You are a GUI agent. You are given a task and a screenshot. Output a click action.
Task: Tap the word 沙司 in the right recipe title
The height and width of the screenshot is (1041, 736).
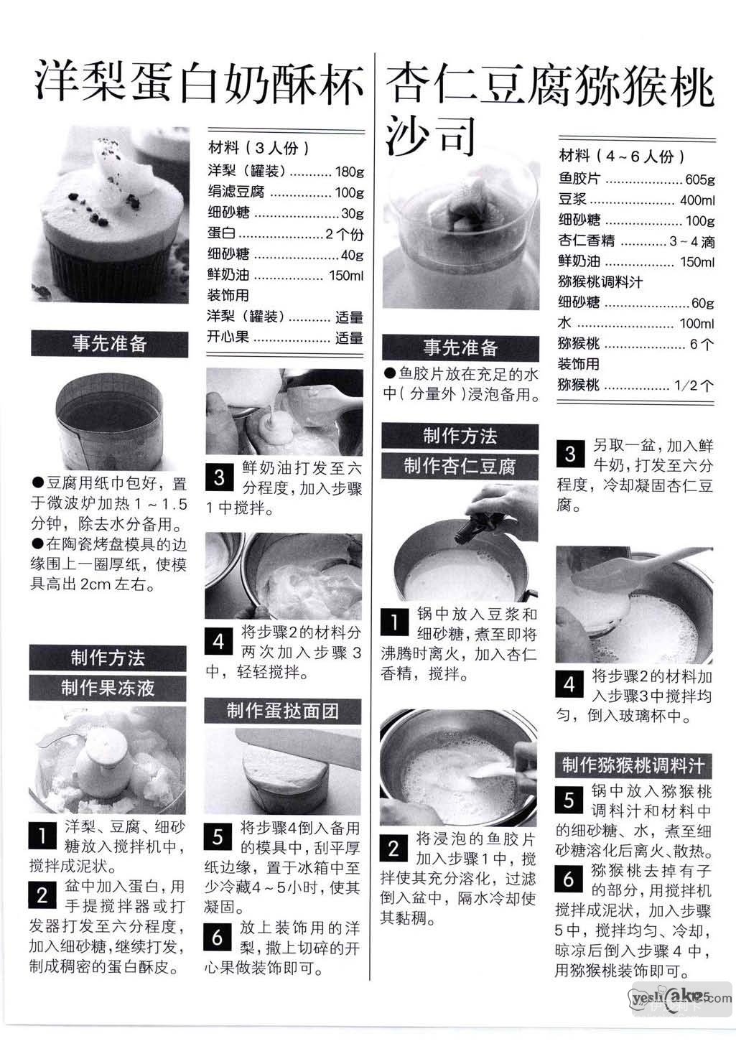pos(430,135)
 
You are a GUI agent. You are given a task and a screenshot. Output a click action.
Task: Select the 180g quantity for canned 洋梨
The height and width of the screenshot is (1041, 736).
pos(350,172)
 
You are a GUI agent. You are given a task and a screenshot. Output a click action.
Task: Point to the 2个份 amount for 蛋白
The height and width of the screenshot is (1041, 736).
pos(345,234)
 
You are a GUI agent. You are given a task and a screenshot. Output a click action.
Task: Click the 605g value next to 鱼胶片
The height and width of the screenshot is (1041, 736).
pos(699,179)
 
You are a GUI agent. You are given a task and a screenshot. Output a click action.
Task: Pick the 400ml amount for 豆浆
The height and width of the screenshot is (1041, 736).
pos(697,200)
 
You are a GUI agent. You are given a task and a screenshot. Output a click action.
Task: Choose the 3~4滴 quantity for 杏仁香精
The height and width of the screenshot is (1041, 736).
pos(691,241)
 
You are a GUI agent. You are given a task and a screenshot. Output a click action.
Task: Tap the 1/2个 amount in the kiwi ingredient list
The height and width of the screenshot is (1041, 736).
pos(694,385)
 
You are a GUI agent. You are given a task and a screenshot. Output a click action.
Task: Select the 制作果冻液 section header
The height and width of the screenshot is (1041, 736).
pos(108,688)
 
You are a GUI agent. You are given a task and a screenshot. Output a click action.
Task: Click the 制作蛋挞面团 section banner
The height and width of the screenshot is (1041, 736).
pos(283,711)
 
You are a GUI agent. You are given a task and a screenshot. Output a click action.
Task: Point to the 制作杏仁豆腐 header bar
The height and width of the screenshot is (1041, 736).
pos(460,466)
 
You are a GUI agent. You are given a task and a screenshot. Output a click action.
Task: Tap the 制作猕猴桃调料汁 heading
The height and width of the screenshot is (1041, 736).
pos(633,765)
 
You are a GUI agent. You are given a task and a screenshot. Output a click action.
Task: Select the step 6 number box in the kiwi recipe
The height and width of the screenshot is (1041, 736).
pos(569,879)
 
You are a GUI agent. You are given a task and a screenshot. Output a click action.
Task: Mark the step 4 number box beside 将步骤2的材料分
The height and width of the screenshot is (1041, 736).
pos(218,642)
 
